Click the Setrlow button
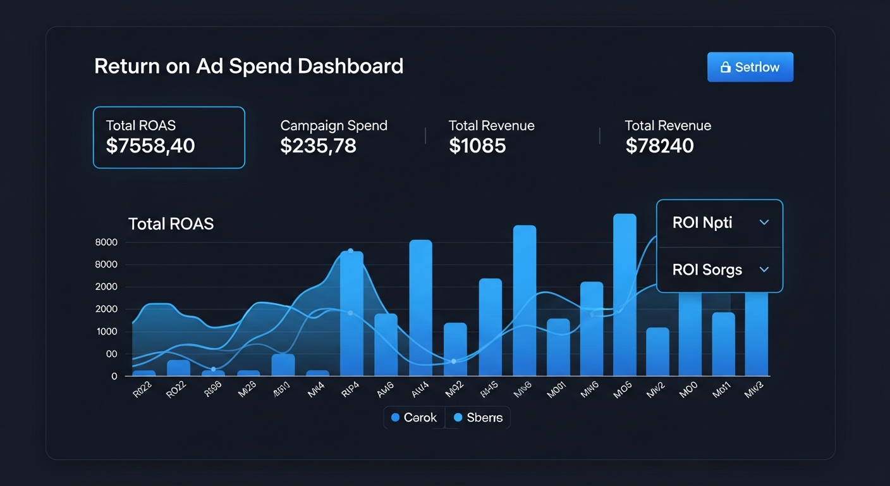pyautogui.click(x=750, y=67)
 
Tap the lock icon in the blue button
pyautogui.click(x=726, y=67)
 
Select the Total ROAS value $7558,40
pyautogui.click(x=150, y=146)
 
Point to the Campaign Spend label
pyautogui.click(x=334, y=125)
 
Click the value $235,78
pyautogui.click(x=318, y=146)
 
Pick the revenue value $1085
pyautogui.click(x=477, y=146)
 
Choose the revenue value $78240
pyautogui.click(x=659, y=146)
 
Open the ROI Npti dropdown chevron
pyautogui.click(x=764, y=223)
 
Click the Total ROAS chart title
pyautogui.click(x=171, y=223)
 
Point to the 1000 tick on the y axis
pyautogui.click(x=106, y=332)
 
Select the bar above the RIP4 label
pyautogui.click(x=351, y=313)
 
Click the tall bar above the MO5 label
pyautogui.click(x=625, y=294)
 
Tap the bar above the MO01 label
pyautogui.click(x=558, y=347)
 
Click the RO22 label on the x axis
pyautogui.click(x=177, y=392)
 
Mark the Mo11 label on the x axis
pyautogui.click(x=722, y=392)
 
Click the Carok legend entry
pyautogui.click(x=414, y=418)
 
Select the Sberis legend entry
pyautogui.click(x=479, y=418)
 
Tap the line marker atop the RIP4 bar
pyautogui.click(x=351, y=251)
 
